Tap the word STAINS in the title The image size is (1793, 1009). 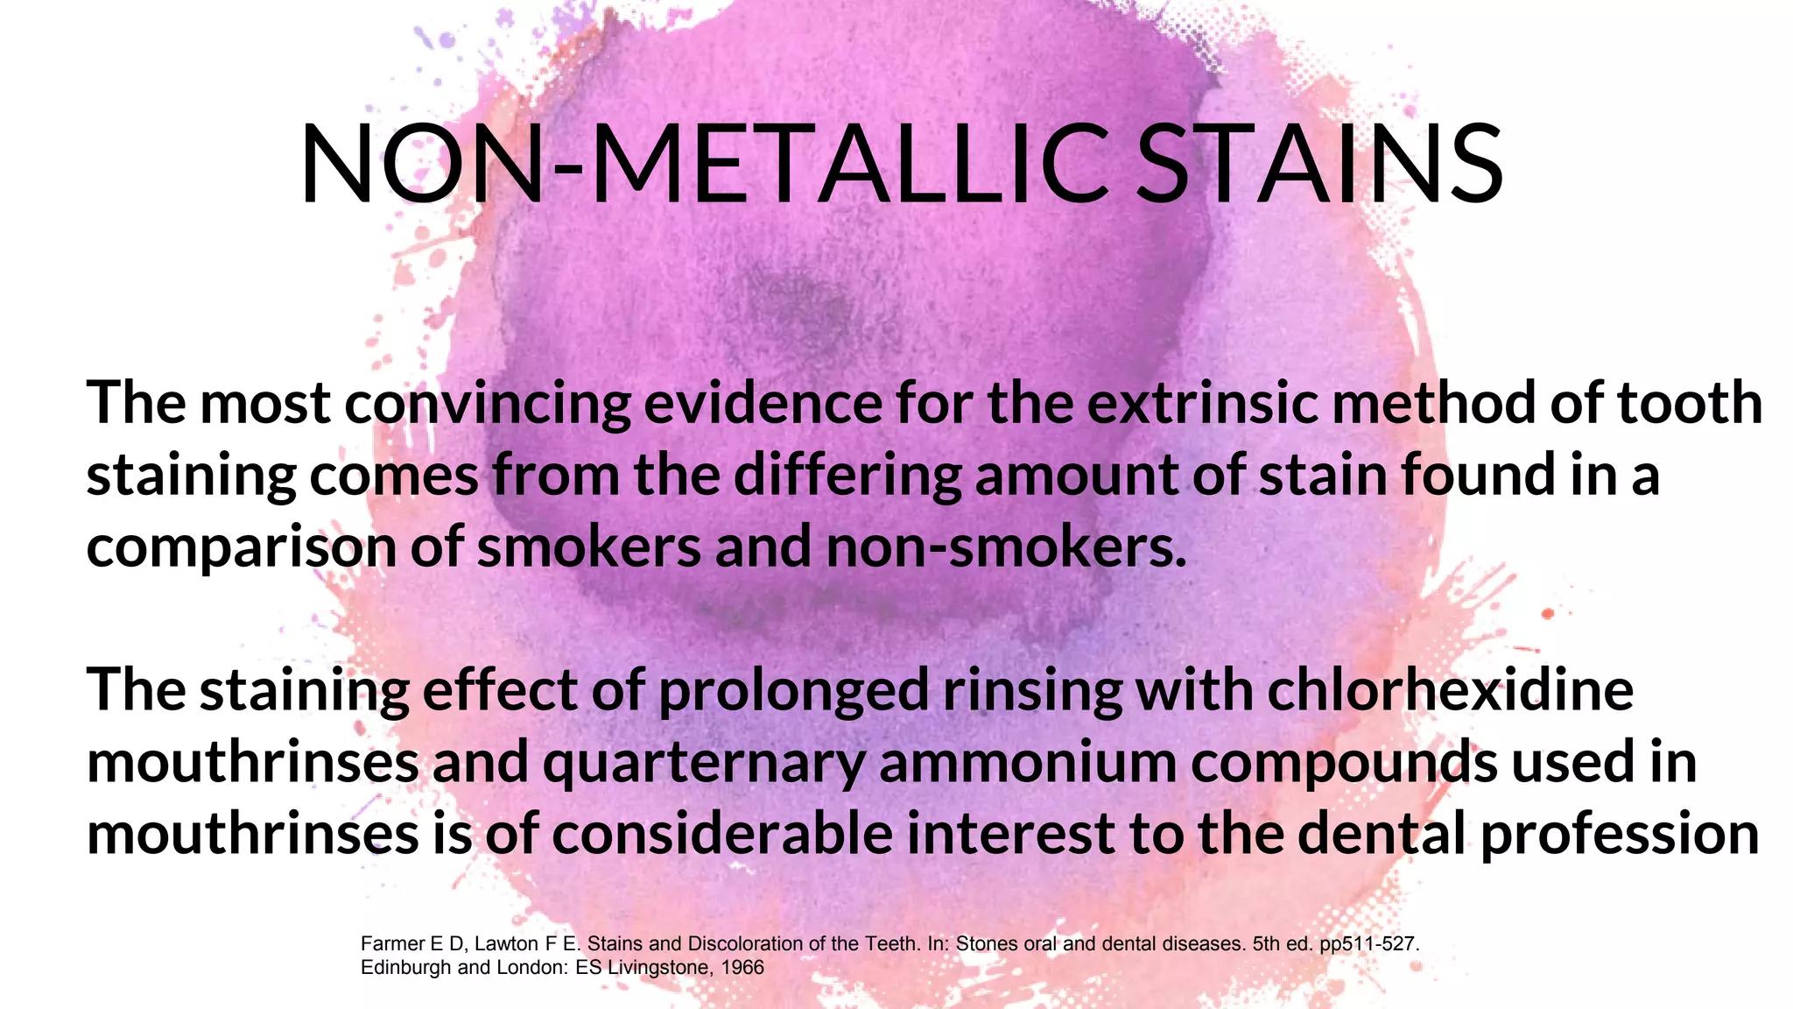[1319, 165]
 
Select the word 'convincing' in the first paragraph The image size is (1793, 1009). [487, 404]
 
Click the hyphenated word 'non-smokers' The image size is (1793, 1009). [1006, 547]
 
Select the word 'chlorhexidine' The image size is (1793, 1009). [1450, 690]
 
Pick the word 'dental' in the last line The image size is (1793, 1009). [1381, 834]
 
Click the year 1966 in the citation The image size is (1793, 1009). [742, 968]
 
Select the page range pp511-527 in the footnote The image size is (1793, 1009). [1368, 944]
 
